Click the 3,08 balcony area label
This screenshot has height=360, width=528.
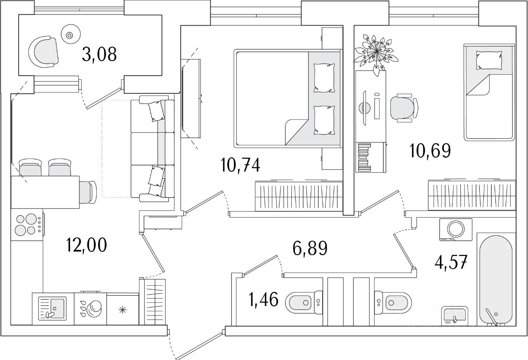click(x=99, y=54)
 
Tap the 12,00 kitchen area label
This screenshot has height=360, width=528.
click(x=87, y=245)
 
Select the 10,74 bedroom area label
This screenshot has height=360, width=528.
click(x=240, y=166)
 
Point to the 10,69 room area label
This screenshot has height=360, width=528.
click(x=430, y=151)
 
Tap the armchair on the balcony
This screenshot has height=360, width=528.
click(x=44, y=52)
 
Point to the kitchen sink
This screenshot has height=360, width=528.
click(x=52, y=308)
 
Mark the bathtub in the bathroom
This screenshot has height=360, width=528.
click(x=495, y=281)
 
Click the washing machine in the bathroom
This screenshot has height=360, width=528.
click(x=455, y=230)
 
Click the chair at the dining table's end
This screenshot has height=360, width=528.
click(x=87, y=192)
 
